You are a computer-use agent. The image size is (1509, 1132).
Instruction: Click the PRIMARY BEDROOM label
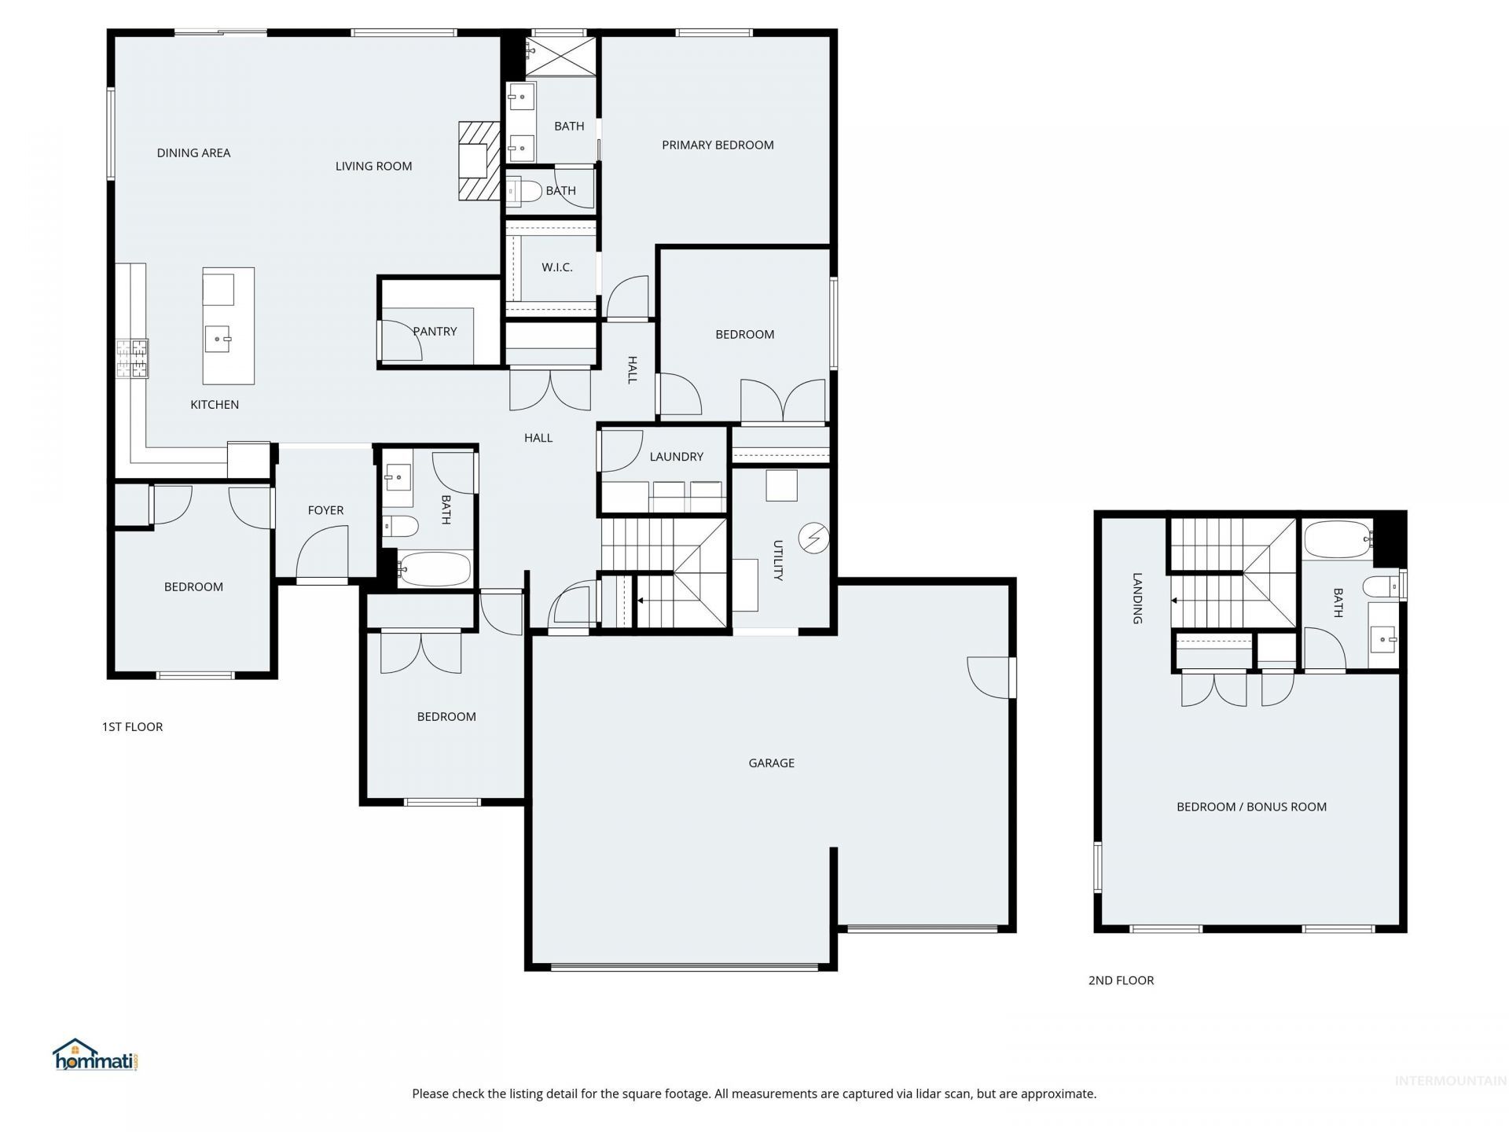pos(718,145)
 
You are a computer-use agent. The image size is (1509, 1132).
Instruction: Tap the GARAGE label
pos(771,763)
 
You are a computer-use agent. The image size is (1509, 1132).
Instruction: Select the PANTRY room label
pos(435,331)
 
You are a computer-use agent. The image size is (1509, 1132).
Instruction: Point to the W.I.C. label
pos(556,267)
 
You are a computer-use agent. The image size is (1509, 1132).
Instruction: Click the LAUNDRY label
pos(676,456)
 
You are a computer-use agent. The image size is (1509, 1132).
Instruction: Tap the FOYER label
pos(325,510)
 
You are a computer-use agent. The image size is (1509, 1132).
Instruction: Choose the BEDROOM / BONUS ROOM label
pos(1251,807)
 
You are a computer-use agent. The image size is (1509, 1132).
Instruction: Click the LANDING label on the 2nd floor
pos(1137,598)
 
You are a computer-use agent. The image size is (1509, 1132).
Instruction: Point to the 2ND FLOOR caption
pos(1121,980)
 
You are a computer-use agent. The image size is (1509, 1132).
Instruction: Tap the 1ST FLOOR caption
pos(132,726)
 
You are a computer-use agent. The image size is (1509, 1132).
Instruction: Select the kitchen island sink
pos(218,340)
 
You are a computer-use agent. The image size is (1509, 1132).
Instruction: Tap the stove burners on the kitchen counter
pos(132,358)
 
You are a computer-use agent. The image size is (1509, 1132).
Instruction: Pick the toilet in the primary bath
pos(523,191)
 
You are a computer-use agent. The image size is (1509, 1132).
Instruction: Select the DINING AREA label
pos(193,153)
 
